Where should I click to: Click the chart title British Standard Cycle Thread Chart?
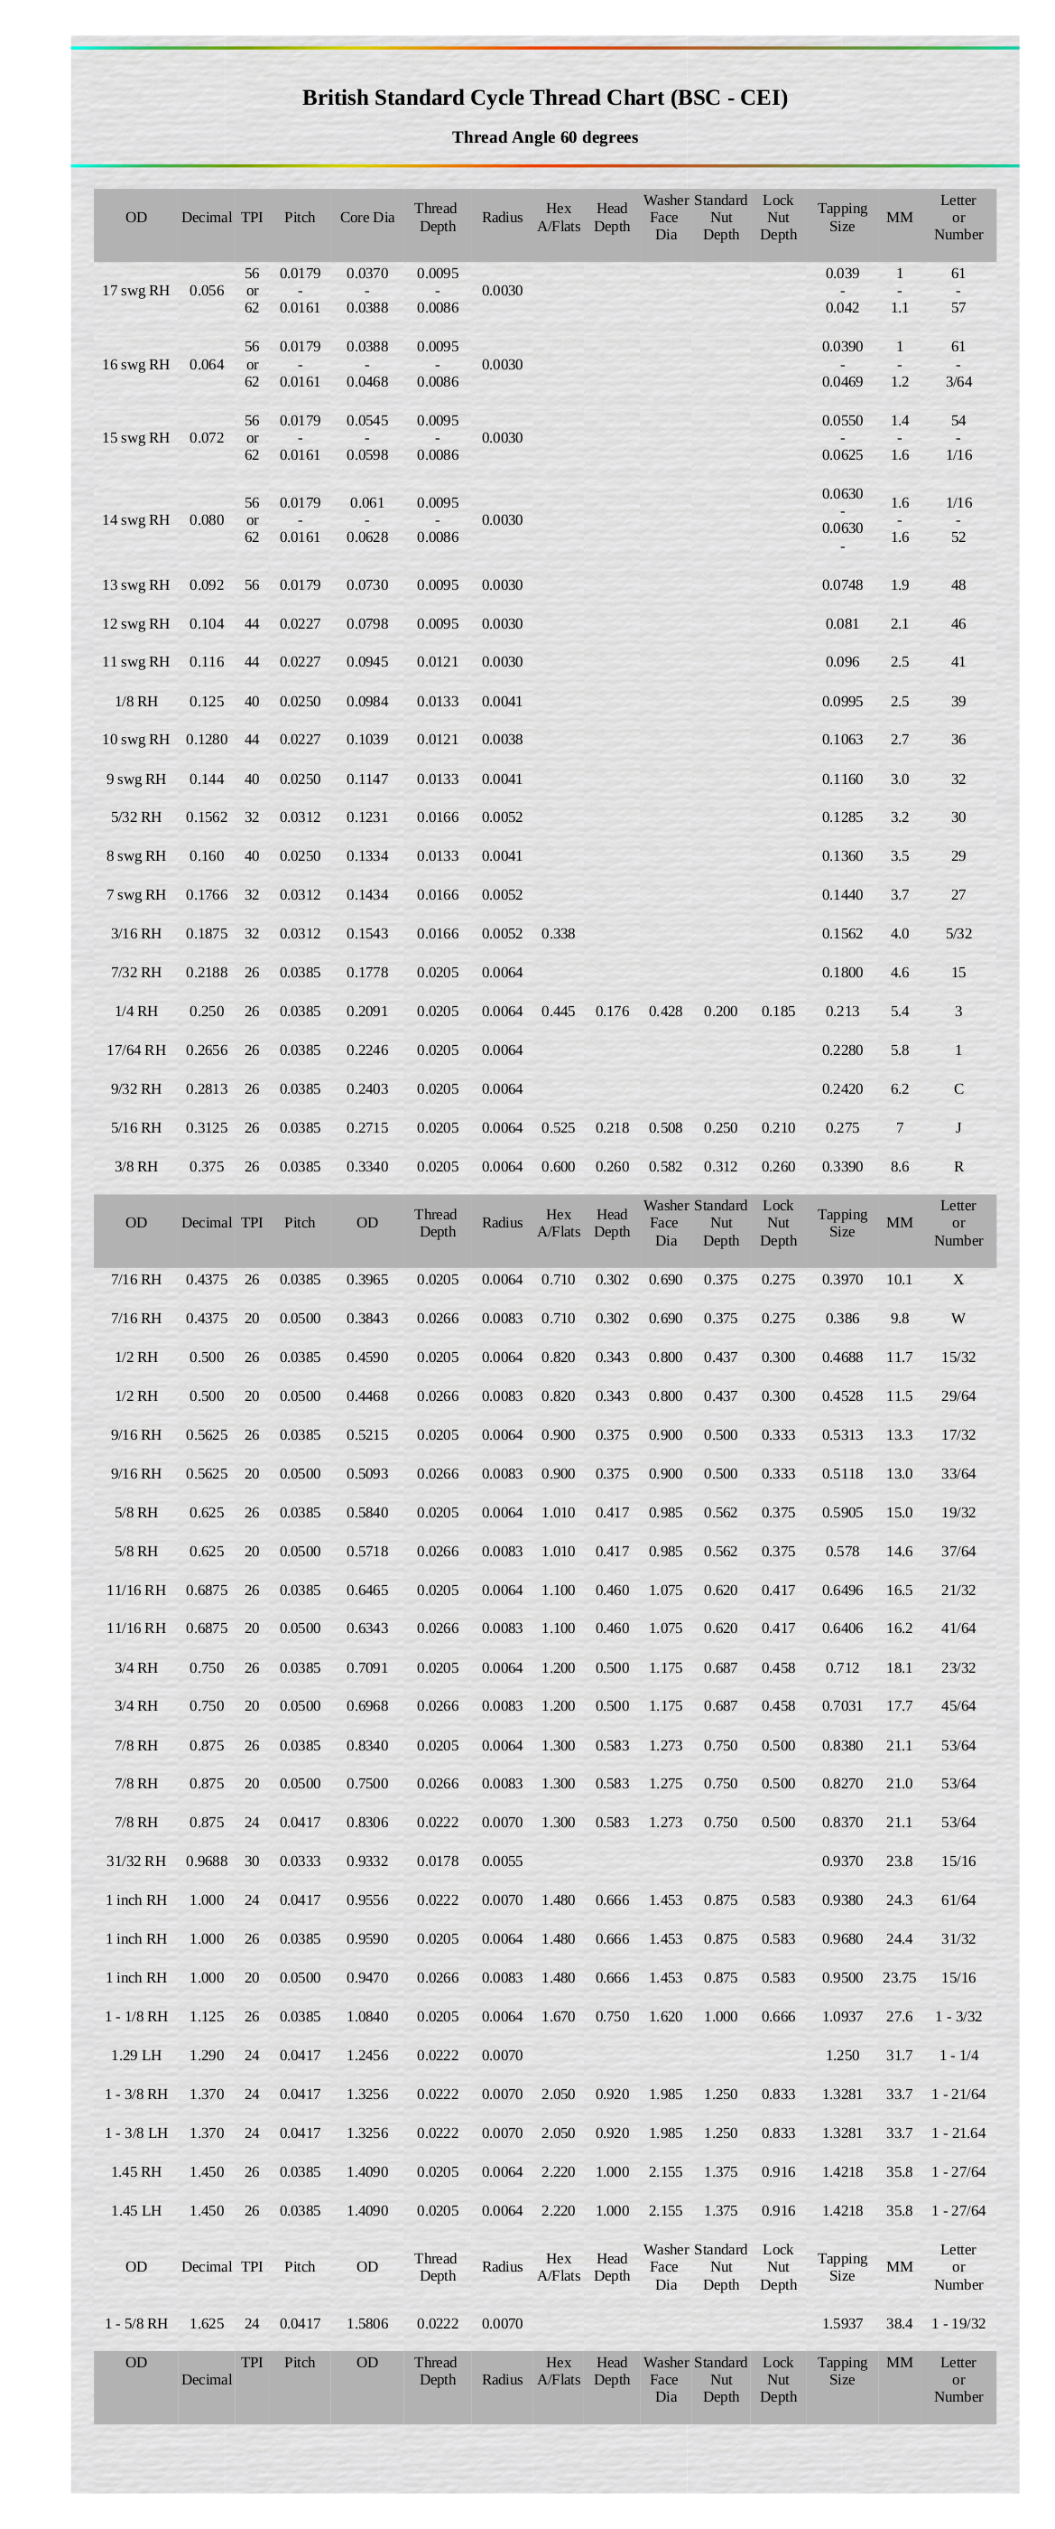tap(545, 98)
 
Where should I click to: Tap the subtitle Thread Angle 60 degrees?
tap(545, 137)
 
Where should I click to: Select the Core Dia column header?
tap(367, 217)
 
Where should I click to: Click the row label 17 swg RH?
tap(135, 291)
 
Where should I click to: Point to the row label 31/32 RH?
tap(135, 1861)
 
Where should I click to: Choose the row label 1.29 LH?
tap(135, 2055)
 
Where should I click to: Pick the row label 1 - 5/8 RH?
tap(135, 2323)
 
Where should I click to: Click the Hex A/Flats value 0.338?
tap(558, 933)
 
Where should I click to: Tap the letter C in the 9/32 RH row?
tap(958, 1088)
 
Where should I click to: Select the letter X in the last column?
tap(958, 1279)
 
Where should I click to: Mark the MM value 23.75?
tap(899, 1977)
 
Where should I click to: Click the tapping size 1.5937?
tap(842, 2323)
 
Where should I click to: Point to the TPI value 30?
tap(252, 1861)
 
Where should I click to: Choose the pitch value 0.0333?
tap(300, 1861)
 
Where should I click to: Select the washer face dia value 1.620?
tap(665, 2016)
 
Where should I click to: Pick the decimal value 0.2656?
tap(206, 1050)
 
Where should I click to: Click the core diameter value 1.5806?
tap(367, 2323)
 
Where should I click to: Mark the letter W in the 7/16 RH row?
tap(958, 1318)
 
